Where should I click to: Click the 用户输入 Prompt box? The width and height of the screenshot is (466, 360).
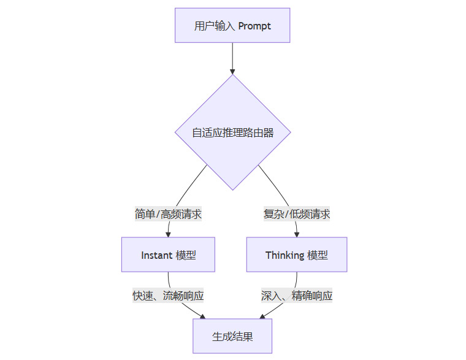coord(232,25)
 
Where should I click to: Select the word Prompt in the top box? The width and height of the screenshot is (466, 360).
coord(255,26)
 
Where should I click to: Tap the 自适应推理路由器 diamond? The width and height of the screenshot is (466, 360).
coord(232,132)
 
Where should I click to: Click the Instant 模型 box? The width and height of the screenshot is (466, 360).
coord(168,255)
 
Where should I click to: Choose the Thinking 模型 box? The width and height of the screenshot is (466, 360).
coord(297,255)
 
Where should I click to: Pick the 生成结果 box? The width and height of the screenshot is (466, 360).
coord(232,336)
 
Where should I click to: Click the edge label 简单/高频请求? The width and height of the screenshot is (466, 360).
coord(168,214)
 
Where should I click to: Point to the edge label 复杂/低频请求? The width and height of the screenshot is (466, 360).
coord(297,214)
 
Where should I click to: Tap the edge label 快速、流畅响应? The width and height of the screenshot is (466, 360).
coord(168,296)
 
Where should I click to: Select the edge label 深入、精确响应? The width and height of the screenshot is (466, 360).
coord(297,296)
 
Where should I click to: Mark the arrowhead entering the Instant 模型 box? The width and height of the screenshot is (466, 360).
coord(168,234)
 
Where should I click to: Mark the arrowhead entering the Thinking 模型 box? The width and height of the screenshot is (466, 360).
coord(297,234)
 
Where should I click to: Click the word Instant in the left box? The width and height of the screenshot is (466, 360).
coord(156,255)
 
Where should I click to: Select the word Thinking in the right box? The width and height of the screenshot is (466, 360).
coord(285,255)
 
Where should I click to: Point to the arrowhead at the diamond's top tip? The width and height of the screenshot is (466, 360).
coord(232,72)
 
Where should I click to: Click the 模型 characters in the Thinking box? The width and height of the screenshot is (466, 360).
coord(318,255)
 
